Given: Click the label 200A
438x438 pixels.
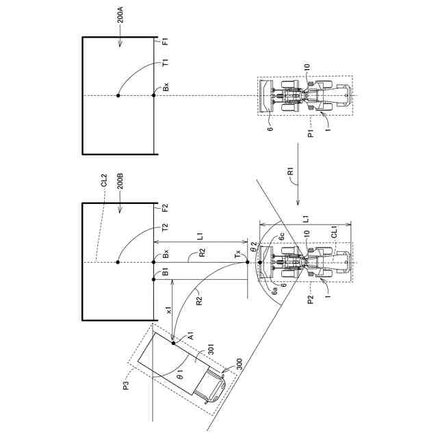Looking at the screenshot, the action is coord(120,16).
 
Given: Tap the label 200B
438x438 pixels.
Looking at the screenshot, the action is coord(120,181).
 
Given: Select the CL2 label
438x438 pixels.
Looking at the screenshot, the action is coord(104,181).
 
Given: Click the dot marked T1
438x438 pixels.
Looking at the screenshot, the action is coord(118,96).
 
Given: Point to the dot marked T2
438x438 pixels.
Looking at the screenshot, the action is coord(118,262).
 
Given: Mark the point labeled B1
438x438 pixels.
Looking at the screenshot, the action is coord(153,279).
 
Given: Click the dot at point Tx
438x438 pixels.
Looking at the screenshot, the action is coord(247,262).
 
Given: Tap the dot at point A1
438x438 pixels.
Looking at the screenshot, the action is coord(173,343).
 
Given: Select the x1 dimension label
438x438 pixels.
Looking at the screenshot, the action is coord(169,310).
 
